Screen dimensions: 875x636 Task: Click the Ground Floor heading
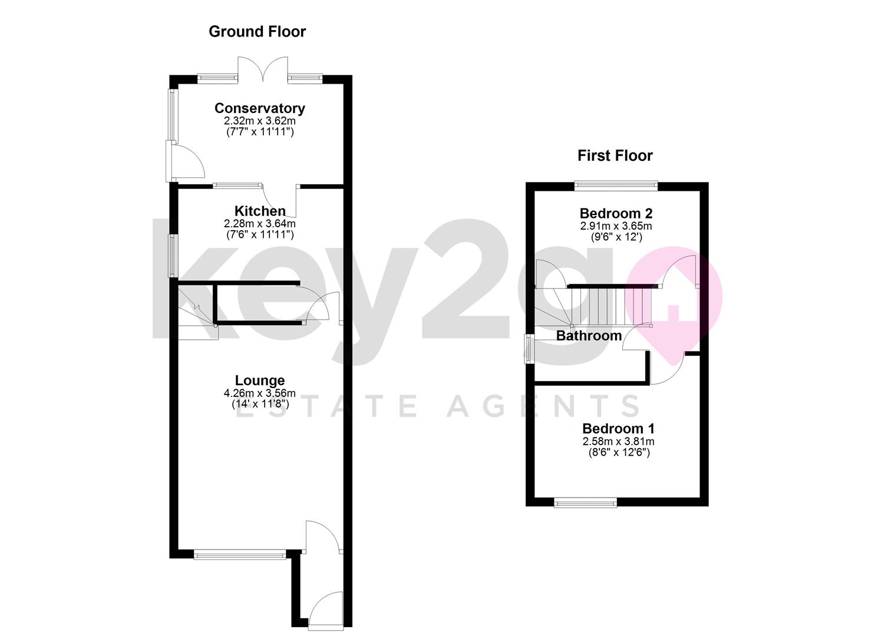click(257, 32)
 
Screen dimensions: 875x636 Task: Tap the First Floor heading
click(615, 156)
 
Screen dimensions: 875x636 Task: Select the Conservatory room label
click(260, 108)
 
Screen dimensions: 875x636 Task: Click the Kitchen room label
click(260, 211)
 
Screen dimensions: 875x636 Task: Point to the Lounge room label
click(260, 380)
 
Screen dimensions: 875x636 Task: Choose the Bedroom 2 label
click(616, 213)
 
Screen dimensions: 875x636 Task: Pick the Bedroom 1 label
click(618, 428)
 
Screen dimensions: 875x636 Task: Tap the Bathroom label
click(589, 336)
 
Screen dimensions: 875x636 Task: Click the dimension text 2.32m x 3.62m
click(260, 121)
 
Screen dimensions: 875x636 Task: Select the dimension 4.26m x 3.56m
click(260, 393)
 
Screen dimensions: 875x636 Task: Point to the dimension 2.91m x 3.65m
click(616, 226)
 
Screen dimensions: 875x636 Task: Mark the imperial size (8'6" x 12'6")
click(619, 452)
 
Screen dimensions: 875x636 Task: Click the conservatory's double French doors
click(263, 69)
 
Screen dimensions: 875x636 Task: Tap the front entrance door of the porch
click(326, 610)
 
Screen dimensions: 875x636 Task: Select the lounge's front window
click(240, 554)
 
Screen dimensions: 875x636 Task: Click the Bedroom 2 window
click(616, 186)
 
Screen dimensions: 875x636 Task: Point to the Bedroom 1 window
click(586, 502)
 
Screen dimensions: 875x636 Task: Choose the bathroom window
click(530, 349)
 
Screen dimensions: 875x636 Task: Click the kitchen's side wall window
click(173, 256)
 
